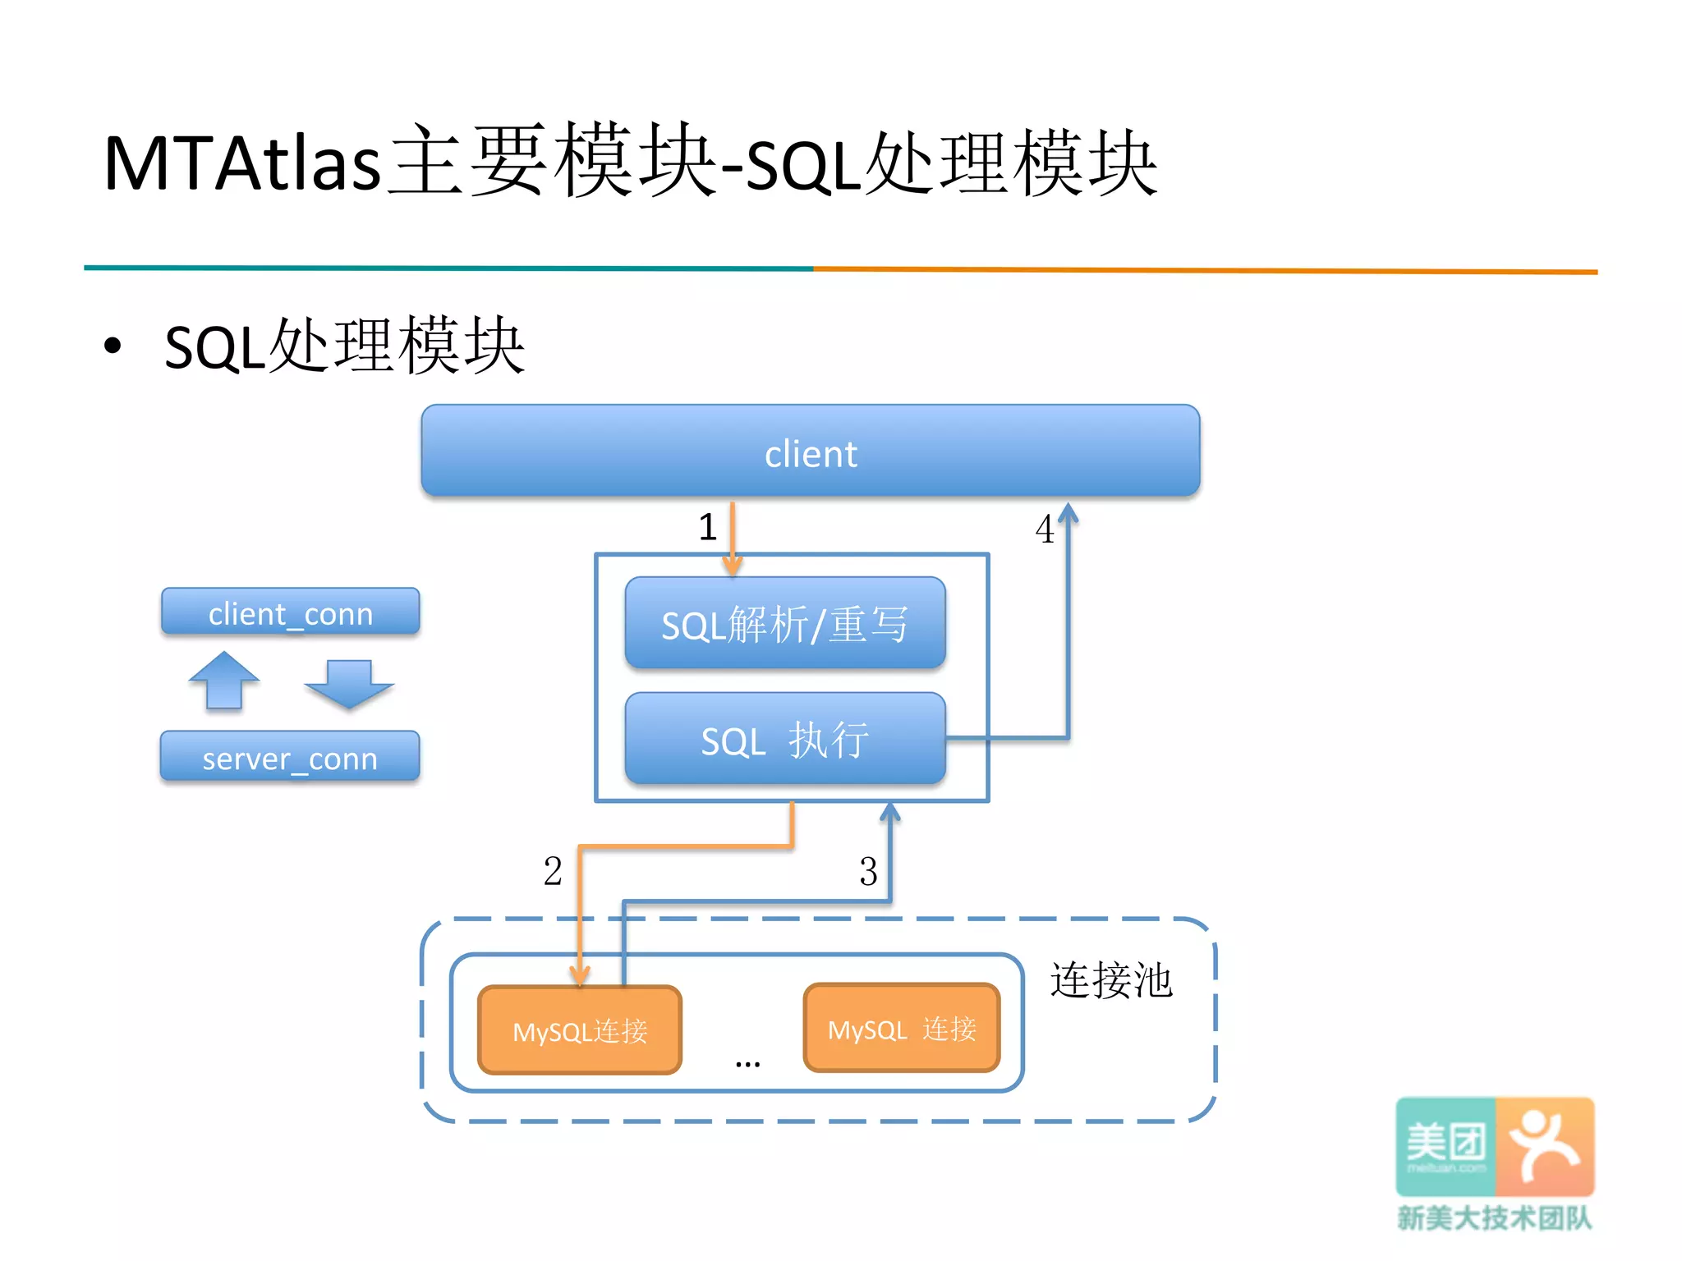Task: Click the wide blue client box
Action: pyautogui.click(x=810, y=452)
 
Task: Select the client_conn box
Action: pyautogui.click(x=290, y=612)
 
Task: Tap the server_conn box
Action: pyautogui.click(x=290, y=757)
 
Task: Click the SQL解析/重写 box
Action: pyautogui.click(x=784, y=623)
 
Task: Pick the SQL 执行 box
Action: pyautogui.click(x=784, y=739)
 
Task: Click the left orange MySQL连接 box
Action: pyautogui.click(x=580, y=1030)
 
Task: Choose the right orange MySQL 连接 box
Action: pyautogui.click(x=901, y=1028)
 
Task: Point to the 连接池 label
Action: pyautogui.click(x=1110, y=980)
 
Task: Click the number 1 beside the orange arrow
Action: pyautogui.click(x=707, y=527)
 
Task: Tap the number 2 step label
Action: pyautogui.click(x=553, y=871)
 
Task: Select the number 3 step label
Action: pyautogui.click(x=868, y=871)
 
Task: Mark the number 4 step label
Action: pyautogui.click(x=1044, y=530)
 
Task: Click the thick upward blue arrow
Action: pyautogui.click(x=223, y=680)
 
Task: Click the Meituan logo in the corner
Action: pyautogui.click(x=1495, y=1146)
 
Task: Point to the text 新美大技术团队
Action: pyautogui.click(x=1495, y=1217)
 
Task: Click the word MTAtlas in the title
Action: pyautogui.click(x=242, y=163)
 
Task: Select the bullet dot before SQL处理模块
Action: pyautogui.click(x=113, y=346)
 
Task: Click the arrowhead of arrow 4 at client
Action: pyautogui.click(x=1068, y=513)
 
